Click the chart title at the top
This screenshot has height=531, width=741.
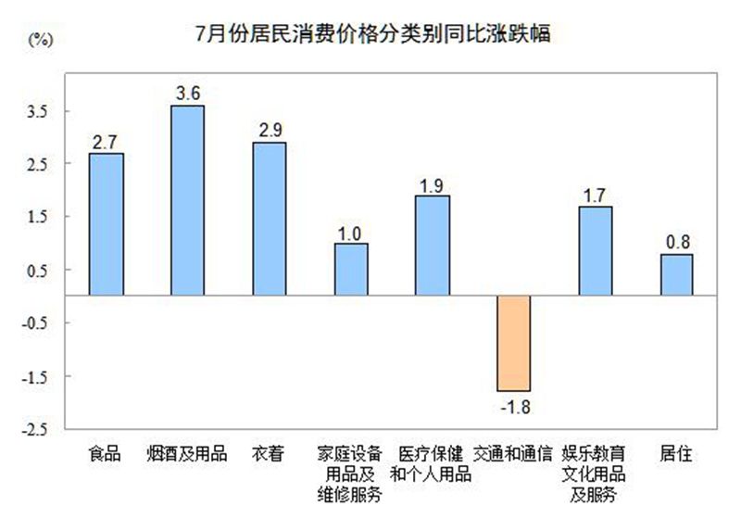coord(372,35)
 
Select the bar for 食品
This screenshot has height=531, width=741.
coord(106,224)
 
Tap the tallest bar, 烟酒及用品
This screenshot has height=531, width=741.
coord(187,200)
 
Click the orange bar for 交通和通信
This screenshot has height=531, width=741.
coord(513,343)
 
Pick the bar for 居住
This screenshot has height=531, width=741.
coord(677,274)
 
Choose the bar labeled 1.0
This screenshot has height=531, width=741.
coord(350,269)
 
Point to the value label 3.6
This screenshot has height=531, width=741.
coord(187,94)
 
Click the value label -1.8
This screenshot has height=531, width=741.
coord(513,405)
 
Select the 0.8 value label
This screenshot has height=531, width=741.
coord(677,243)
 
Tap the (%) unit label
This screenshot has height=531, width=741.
coord(41,39)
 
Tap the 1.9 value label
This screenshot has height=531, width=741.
coord(432,183)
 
